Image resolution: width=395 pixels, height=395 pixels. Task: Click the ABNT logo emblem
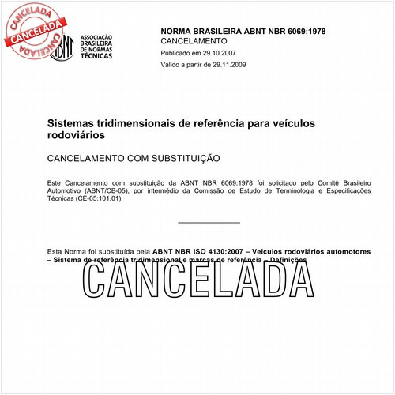click(x=62, y=47)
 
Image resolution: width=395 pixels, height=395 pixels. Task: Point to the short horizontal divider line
click(x=209, y=223)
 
